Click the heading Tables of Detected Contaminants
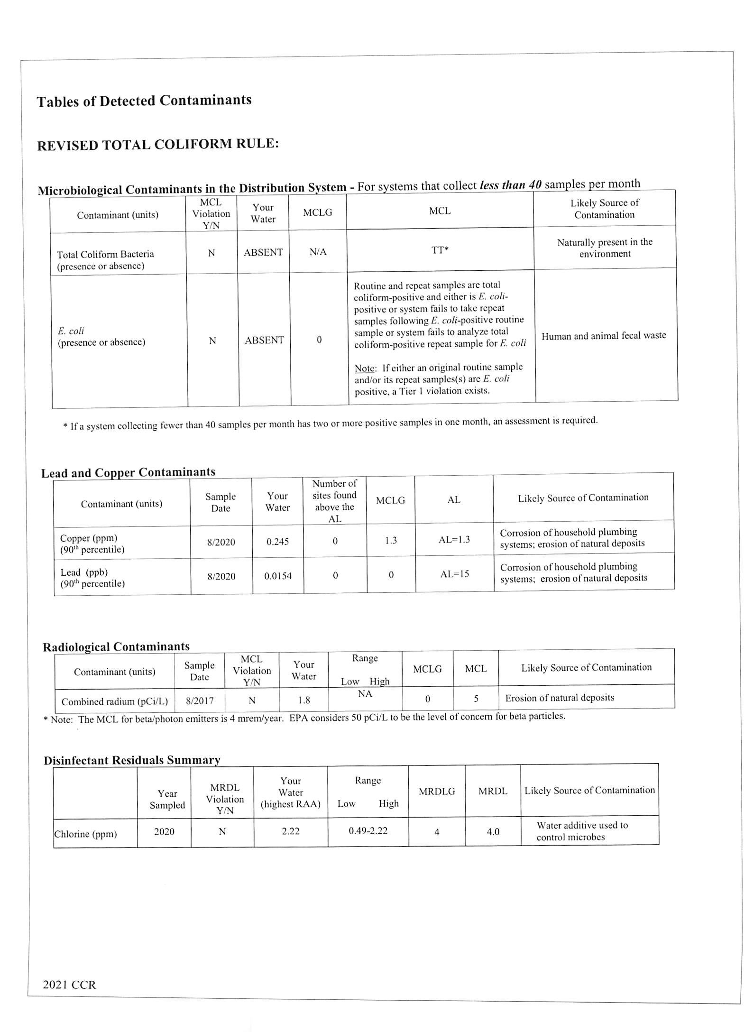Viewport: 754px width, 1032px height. coord(144,101)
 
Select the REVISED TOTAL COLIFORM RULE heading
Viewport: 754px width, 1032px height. coord(158,144)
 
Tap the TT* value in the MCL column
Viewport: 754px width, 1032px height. coord(440,250)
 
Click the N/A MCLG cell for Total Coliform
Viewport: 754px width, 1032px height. coord(318,252)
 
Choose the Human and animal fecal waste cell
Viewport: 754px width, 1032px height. coord(604,336)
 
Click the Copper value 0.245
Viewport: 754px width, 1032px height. coord(277,542)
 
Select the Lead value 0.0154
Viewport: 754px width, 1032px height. coord(278,576)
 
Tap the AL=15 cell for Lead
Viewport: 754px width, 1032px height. coord(454,574)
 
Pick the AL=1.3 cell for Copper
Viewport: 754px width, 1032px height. coord(454,540)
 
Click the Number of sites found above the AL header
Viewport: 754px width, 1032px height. coord(334,501)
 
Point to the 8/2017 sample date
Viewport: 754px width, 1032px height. coord(200,700)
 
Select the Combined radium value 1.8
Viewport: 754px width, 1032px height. coord(304,700)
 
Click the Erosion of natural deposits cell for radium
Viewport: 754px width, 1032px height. coord(560,698)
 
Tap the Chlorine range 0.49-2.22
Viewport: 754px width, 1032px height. coord(368,830)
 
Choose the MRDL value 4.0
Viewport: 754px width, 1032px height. coord(493,831)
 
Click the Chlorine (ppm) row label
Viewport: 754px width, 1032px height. coord(85,834)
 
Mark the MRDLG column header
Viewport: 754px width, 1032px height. coord(437,791)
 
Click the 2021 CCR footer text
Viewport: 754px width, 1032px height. coord(69,985)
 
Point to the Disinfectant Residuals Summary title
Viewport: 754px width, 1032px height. coord(132,760)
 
